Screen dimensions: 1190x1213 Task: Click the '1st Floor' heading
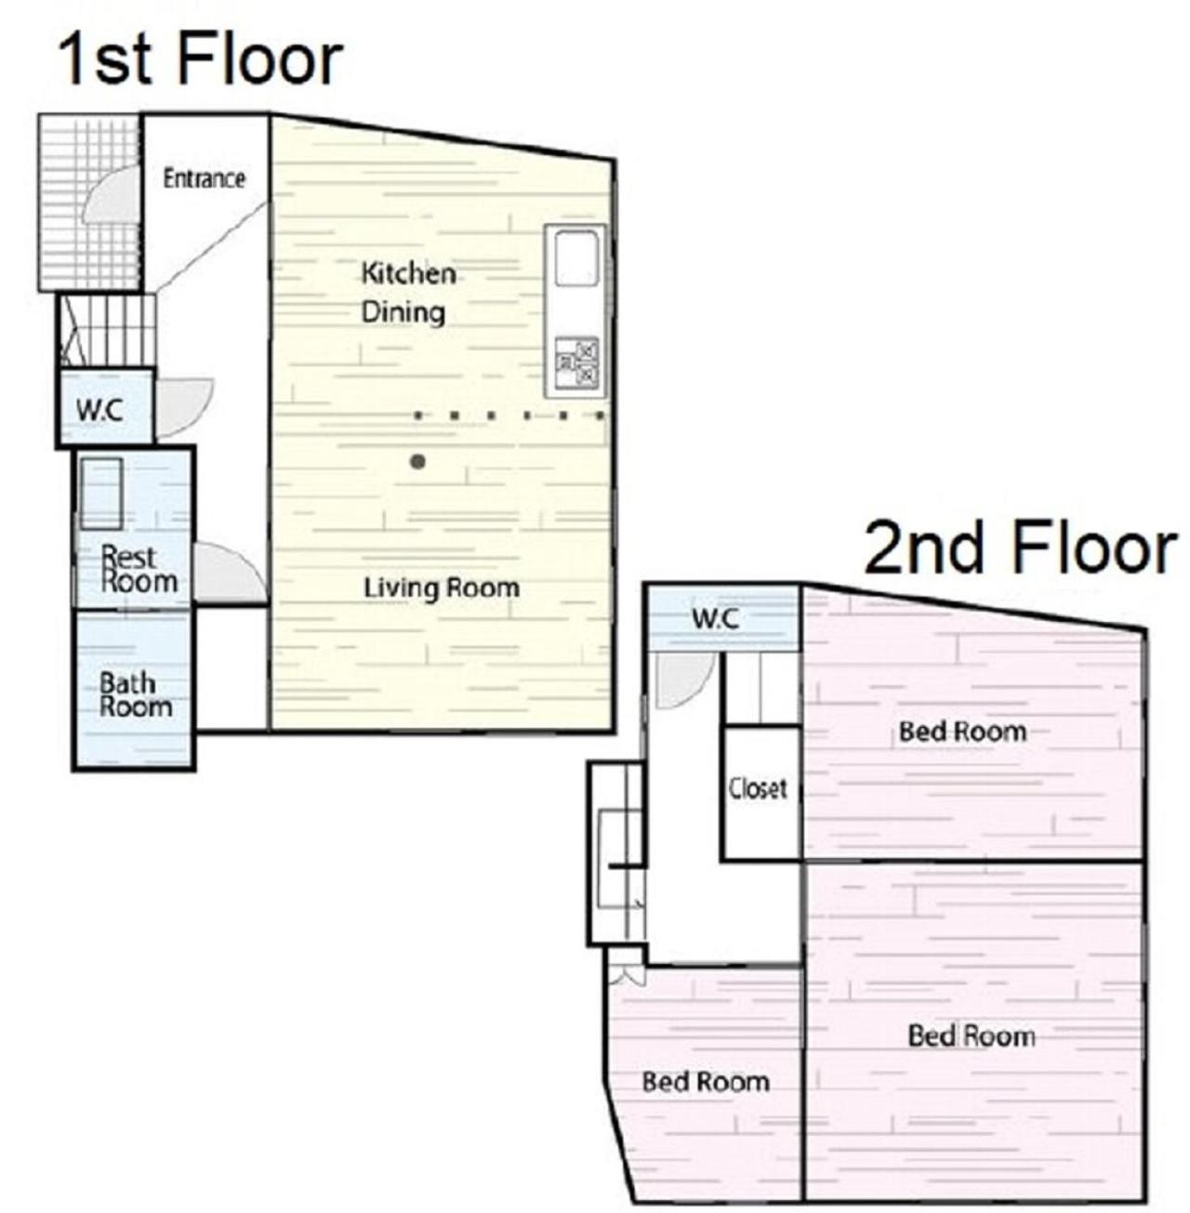200,61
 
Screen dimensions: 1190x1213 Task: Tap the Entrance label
204,178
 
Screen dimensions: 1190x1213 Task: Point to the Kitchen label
409,273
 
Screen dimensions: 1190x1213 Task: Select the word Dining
403,313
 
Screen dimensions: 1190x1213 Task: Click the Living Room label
442,588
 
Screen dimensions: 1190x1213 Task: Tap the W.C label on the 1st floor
99,411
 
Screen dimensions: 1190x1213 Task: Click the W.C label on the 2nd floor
715,619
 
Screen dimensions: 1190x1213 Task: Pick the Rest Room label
139,569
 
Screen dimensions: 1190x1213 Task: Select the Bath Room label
136,695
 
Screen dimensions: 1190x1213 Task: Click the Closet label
758,789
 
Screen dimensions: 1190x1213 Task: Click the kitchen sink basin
575,258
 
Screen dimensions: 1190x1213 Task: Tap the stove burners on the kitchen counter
576,363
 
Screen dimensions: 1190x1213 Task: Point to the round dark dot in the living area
417,462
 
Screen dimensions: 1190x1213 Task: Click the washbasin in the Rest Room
101,494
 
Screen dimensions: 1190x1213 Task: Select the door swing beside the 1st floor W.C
184,407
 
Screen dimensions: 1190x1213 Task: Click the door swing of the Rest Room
230,573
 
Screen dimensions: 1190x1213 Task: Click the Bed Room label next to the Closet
963,732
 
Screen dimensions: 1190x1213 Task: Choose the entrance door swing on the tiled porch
112,196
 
